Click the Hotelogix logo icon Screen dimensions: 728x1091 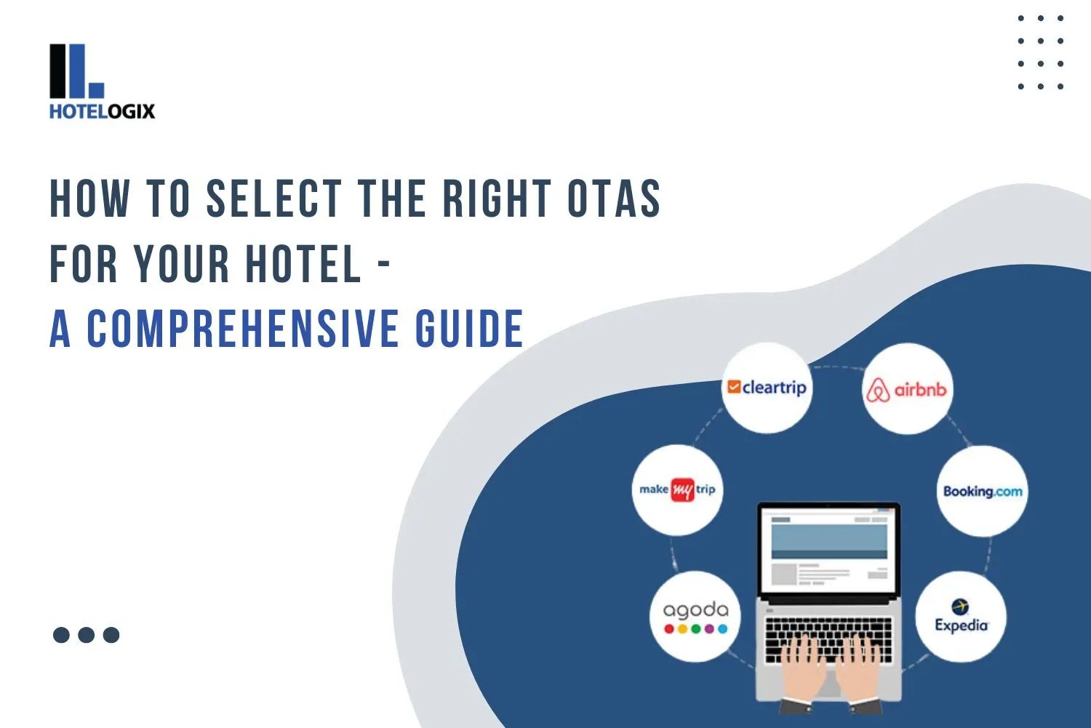76,71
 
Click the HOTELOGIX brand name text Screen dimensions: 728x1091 102,111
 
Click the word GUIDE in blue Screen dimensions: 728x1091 469,329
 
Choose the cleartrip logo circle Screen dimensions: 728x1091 767,388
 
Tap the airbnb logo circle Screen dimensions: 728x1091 907,390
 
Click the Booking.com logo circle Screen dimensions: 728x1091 982,492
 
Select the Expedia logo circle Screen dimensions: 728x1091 961,617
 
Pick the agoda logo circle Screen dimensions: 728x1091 695,617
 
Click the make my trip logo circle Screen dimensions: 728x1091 677,490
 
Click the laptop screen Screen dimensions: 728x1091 828,550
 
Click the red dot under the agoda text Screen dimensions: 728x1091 669,629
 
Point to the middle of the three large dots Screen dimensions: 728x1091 86,635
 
